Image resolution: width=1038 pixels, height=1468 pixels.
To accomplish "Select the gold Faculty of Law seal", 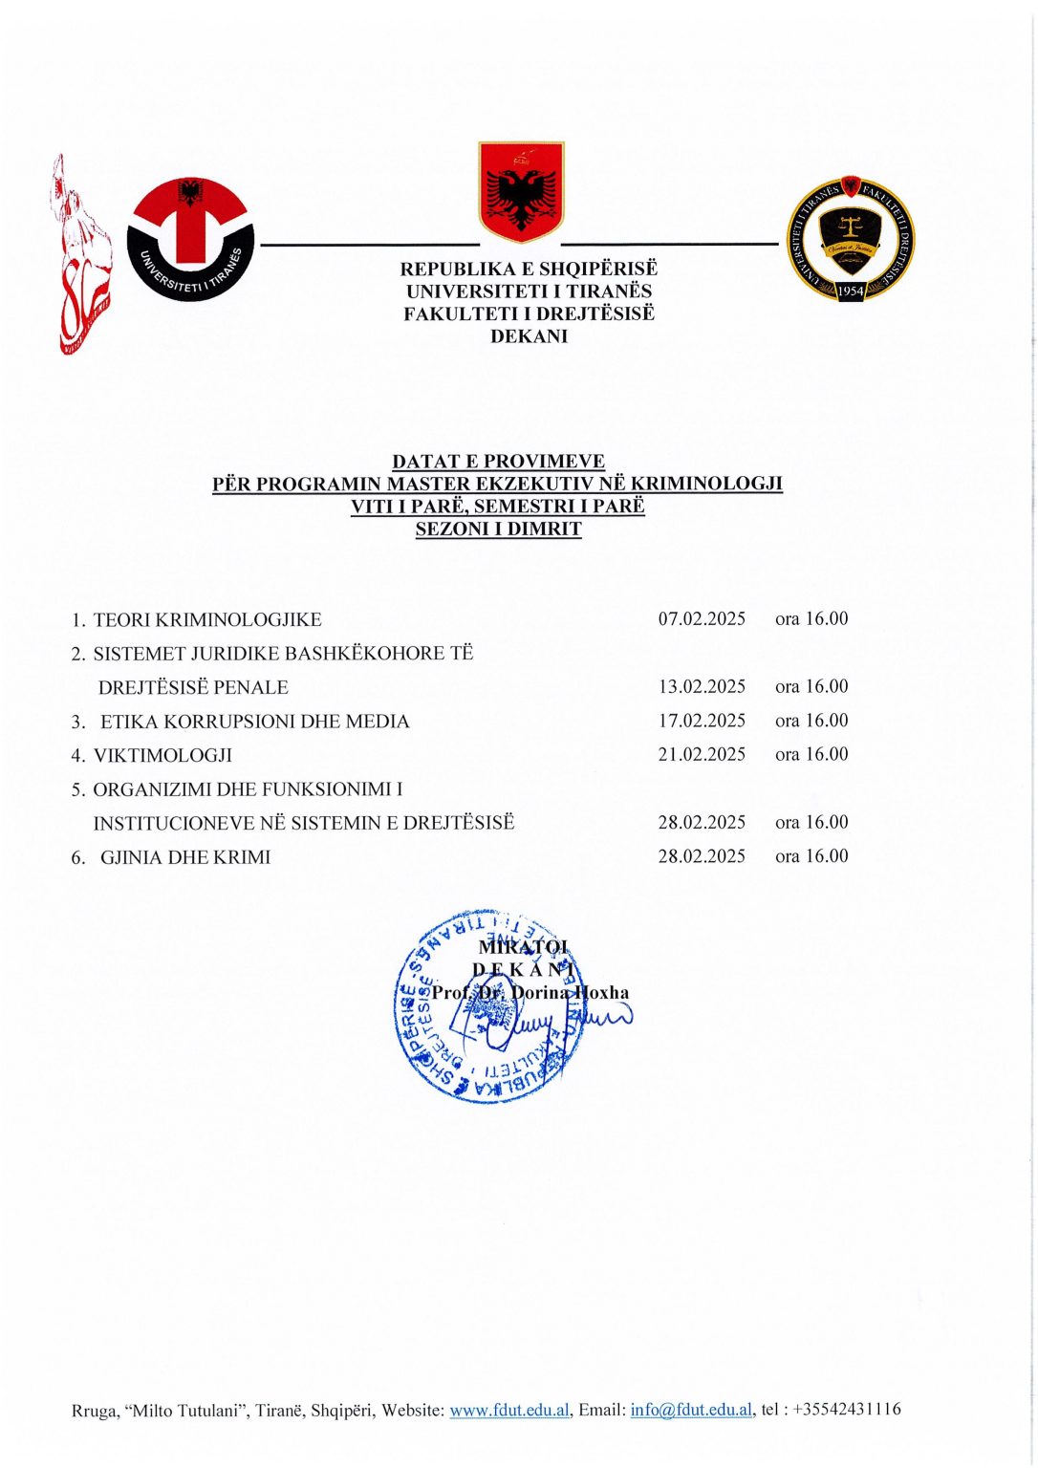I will pos(850,238).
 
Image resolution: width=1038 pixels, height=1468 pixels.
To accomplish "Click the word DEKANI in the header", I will pos(529,336).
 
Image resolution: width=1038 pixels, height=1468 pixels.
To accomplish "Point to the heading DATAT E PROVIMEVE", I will pos(498,462).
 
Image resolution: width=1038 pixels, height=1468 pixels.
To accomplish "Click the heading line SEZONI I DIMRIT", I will pos(498,529).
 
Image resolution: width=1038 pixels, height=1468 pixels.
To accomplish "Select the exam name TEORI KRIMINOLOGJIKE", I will pos(206,619).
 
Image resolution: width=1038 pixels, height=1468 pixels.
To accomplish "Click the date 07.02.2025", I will pos(702,618).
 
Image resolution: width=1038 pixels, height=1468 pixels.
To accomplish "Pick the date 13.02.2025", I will pos(702,686).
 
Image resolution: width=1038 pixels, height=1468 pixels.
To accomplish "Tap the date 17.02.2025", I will pos(702,721).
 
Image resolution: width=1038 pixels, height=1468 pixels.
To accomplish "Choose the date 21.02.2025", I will pos(702,754).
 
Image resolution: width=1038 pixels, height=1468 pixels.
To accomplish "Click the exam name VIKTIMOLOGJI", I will pos(162,755).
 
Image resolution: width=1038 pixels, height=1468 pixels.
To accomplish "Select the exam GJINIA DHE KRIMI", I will pos(185,857).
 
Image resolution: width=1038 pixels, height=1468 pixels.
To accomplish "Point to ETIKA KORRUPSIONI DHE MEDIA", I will pos(254,722).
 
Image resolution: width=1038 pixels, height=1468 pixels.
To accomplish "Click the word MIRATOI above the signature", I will pos(523,947).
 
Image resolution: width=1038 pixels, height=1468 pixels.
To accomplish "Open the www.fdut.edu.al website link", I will pos(510,1410).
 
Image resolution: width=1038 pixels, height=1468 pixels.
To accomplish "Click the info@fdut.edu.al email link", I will pos(692,1410).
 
